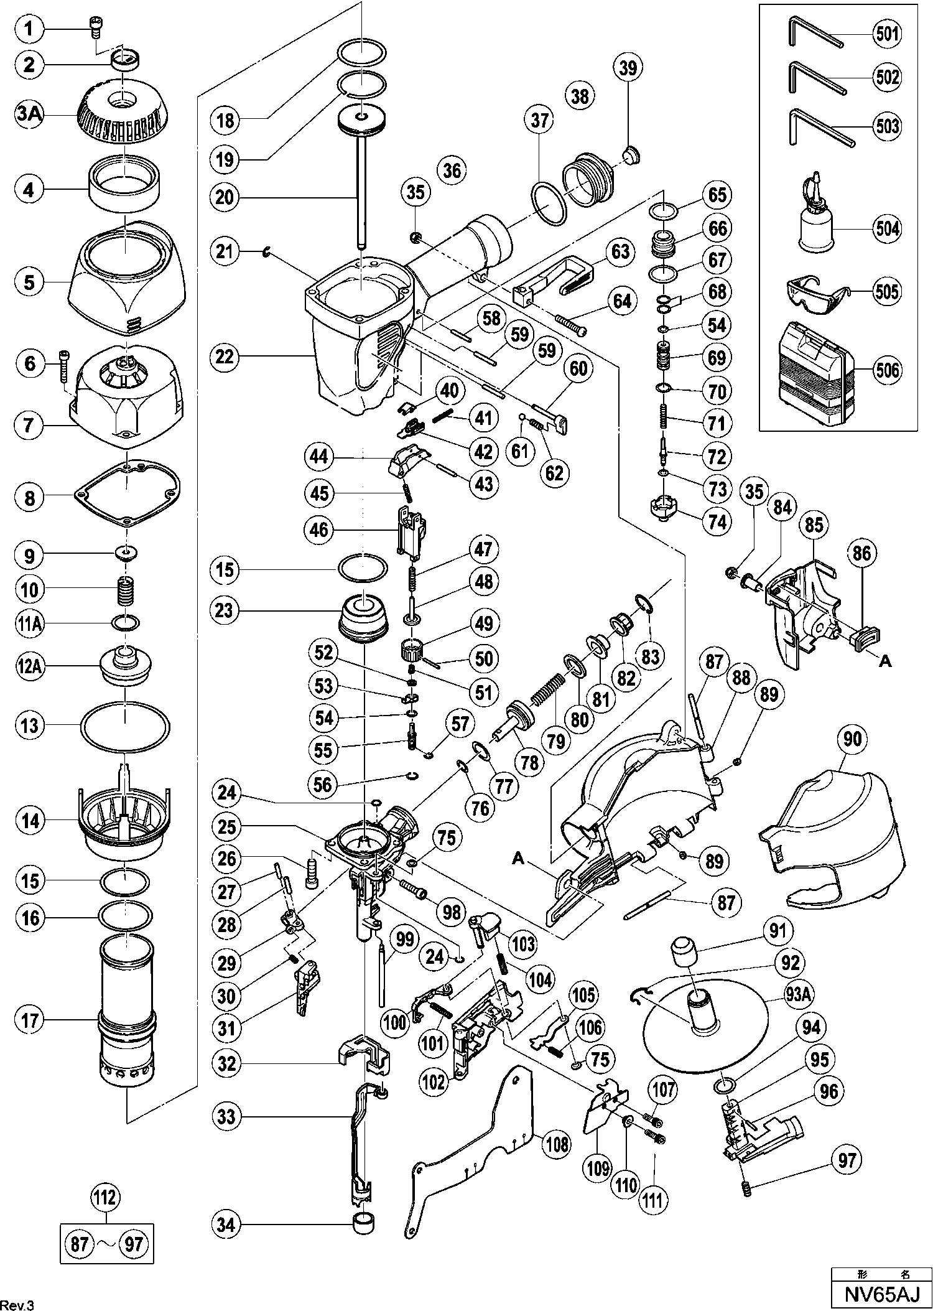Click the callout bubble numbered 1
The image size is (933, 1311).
(x=30, y=29)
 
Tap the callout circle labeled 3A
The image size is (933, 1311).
(x=30, y=116)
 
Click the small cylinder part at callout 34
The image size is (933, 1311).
(x=364, y=1225)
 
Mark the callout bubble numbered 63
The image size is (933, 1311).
(x=620, y=253)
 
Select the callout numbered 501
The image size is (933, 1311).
(x=887, y=34)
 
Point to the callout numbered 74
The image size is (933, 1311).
(x=717, y=522)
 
